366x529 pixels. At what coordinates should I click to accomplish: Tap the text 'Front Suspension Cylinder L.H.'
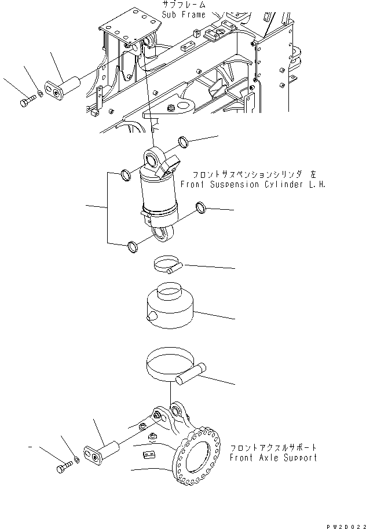tap(252, 184)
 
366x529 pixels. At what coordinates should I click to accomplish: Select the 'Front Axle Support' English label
tap(273, 457)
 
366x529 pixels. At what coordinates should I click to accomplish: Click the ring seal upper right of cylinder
tap(182, 142)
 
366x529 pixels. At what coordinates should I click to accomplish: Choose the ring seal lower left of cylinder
tap(133, 248)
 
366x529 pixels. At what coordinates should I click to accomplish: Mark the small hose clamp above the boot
tap(166, 266)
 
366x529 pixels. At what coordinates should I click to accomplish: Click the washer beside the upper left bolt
tap(38, 93)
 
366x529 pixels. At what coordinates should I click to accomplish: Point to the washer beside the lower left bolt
tap(76, 461)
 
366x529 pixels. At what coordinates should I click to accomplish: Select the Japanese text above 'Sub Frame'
tap(184, 5)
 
